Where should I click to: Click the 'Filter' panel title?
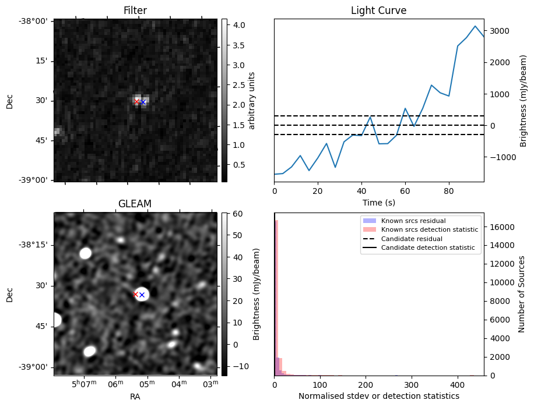tap(135, 10)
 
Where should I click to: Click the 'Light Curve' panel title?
tap(378, 10)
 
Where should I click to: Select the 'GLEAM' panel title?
tap(135, 204)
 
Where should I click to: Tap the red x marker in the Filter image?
tap(137, 101)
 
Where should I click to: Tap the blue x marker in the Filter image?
tap(143, 102)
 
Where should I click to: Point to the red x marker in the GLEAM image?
tap(136, 294)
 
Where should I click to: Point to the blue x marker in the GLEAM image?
tap(142, 295)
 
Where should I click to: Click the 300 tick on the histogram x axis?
tap(412, 385)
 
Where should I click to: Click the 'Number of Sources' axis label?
tap(522, 294)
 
